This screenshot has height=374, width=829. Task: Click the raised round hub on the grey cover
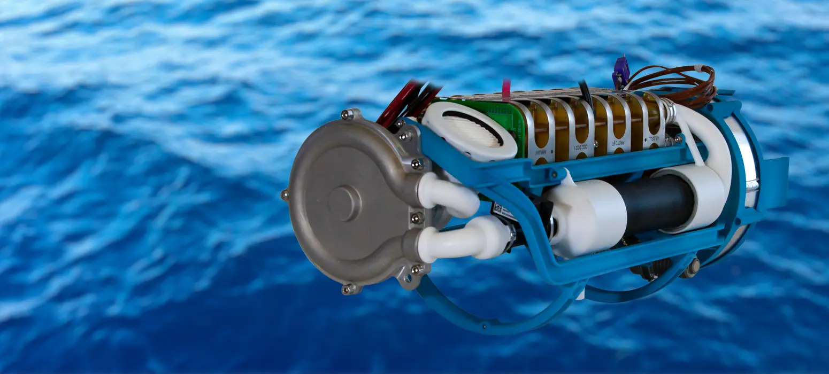point(343,204)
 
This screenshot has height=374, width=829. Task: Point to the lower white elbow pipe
point(460,240)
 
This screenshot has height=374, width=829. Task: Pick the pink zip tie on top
point(506,90)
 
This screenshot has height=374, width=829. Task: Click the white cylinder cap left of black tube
point(588,216)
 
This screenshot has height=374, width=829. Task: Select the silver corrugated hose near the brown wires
point(668,109)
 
